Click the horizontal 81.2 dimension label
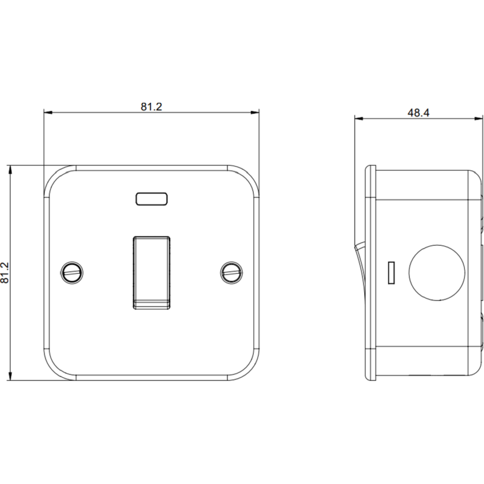[x=151, y=107]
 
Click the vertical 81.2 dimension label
[x=5, y=273]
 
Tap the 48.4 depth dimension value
[x=418, y=113]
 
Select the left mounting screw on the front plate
[x=72, y=273]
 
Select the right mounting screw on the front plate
[x=231, y=273]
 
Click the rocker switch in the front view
[x=151, y=273]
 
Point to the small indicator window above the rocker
[x=151, y=199]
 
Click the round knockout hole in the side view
[x=437, y=273]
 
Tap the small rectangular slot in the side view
[x=391, y=273]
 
